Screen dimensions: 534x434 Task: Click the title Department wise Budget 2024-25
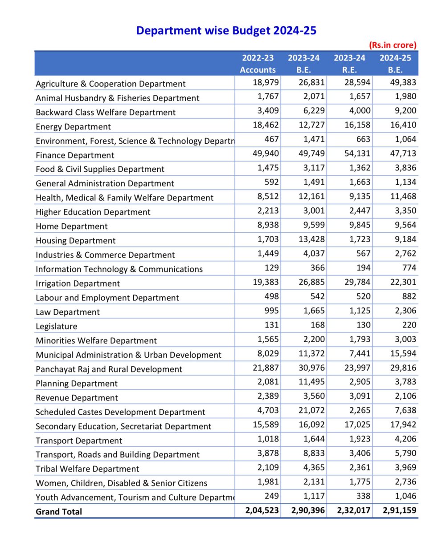226,31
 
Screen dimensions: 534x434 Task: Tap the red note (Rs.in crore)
392,45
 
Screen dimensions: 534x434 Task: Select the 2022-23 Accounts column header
258,64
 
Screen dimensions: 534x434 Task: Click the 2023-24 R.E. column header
349,64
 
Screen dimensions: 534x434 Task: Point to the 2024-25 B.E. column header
395,64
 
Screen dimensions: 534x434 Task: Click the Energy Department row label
73,127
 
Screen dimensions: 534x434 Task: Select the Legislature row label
56,326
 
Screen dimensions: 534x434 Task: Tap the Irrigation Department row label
78,283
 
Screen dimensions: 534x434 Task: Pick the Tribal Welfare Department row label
87,469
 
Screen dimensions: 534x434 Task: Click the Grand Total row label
59,512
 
